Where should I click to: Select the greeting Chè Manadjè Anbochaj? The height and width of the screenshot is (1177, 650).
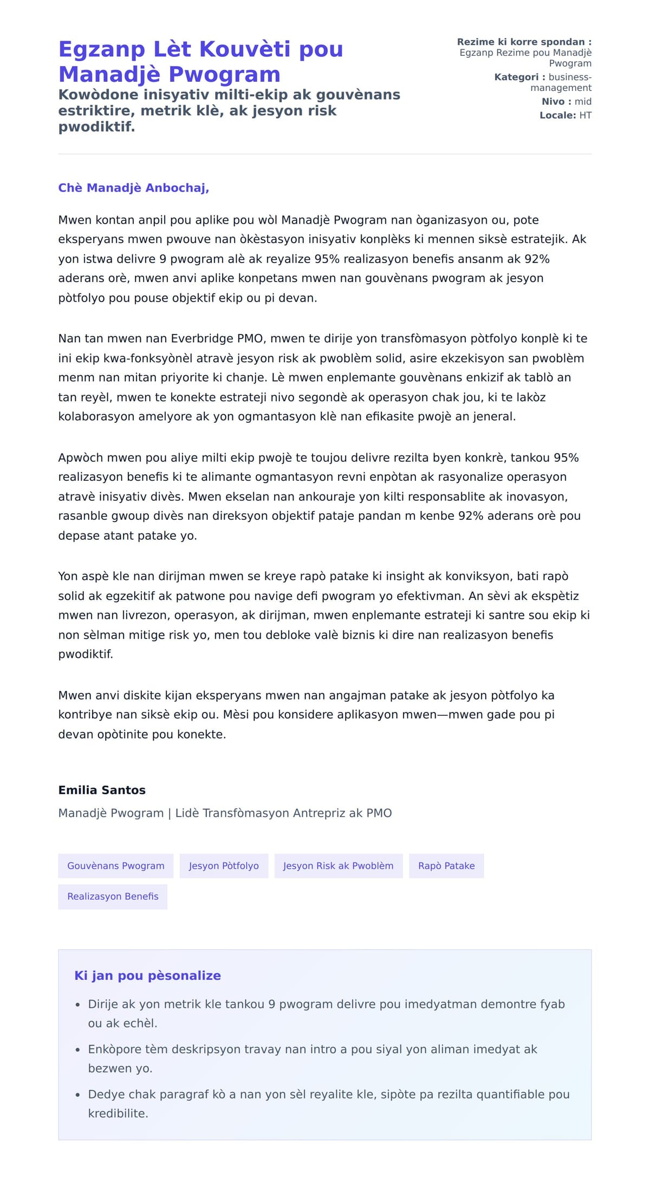pos(133,188)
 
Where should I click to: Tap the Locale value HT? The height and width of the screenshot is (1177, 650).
pos(585,115)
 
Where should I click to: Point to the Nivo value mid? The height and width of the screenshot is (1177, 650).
pos(583,102)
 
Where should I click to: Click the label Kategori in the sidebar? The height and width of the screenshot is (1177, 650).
pos(516,77)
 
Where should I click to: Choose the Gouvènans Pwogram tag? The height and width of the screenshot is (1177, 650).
pos(116,866)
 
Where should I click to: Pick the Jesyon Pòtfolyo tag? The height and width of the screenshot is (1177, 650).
pos(224,866)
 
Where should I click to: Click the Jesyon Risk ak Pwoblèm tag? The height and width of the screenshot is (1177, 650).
pos(339,866)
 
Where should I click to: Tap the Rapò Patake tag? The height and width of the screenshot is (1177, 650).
pos(446,866)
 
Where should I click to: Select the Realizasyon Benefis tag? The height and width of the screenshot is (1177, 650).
pos(113,897)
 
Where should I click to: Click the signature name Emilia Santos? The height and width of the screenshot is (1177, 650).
pos(102,790)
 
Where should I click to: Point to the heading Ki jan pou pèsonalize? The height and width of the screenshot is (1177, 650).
pos(147,976)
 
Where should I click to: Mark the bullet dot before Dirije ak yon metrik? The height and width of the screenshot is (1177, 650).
pos(77,1005)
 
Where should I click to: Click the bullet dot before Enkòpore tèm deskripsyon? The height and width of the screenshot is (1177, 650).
pos(77,1050)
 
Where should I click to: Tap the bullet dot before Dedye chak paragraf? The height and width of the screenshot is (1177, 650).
pos(77,1095)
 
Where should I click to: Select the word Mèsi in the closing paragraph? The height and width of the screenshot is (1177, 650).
pos(236,715)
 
